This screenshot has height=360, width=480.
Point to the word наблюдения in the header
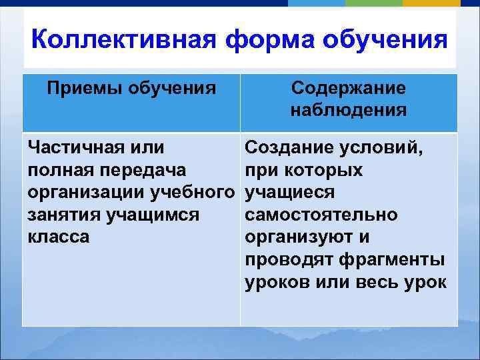click(x=348, y=110)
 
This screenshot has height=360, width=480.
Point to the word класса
click(x=59, y=237)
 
